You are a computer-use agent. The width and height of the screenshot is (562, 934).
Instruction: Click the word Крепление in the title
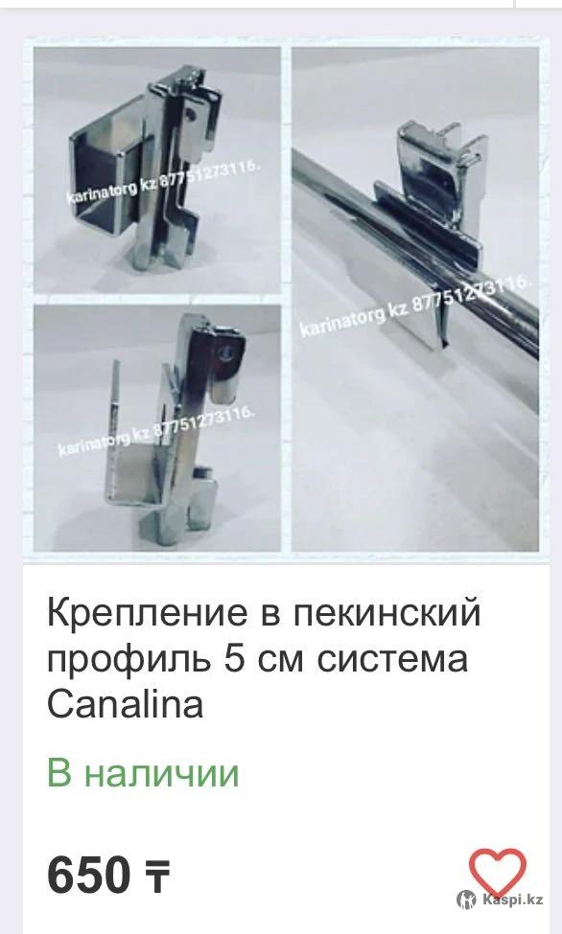click(x=147, y=614)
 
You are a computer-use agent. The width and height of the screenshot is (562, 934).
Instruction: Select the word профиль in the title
click(x=129, y=660)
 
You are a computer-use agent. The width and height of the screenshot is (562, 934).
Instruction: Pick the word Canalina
click(x=126, y=703)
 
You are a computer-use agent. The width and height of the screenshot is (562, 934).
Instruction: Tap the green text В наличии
click(x=143, y=772)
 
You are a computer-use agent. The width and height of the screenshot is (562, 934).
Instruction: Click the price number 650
click(x=88, y=875)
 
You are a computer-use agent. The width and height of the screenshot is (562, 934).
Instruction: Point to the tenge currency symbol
click(x=157, y=877)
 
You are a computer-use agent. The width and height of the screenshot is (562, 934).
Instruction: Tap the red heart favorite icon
click(x=497, y=872)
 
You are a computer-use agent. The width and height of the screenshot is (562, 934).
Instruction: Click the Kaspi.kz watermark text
click(x=512, y=899)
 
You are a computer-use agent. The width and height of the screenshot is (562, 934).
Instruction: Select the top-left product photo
click(x=157, y=170)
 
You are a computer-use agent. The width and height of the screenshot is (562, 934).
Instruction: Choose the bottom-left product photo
click(x=157, y=428)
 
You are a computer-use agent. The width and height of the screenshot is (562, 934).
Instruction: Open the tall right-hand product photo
click(x=415, y=299)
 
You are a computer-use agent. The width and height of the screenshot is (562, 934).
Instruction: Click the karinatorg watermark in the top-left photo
click(x=162, y=182)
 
